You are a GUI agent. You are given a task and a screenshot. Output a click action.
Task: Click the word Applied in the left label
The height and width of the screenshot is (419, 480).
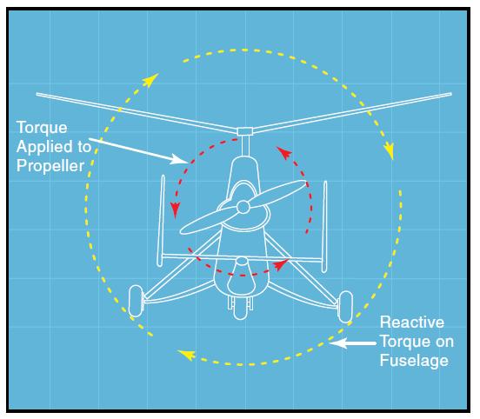[x=45, y=147]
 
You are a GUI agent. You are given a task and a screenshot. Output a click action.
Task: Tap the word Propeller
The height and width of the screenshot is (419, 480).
[x=50, y=166]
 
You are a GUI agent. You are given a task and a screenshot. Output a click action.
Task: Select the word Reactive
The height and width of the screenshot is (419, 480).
[x=412, y=323]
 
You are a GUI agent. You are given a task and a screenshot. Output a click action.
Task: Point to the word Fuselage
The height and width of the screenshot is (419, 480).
[x=414, y=360]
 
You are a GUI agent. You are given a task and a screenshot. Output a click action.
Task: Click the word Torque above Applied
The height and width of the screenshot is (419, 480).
[x=42, y=128]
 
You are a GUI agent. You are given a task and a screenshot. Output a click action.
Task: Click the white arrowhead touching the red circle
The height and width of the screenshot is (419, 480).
[x=179, y=158]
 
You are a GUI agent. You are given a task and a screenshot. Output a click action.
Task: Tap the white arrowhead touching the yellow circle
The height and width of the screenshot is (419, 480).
[x=338, y=343]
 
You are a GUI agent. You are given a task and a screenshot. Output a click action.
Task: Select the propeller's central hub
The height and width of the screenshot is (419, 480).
[x=243, y=207]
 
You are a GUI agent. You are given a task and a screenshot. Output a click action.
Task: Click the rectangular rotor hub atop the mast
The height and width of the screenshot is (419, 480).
[x=245, y=131]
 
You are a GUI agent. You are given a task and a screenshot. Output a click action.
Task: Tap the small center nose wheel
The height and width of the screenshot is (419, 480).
[x=240, y=309]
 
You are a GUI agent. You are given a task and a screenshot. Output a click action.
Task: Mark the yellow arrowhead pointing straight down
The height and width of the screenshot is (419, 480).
[x=389, y=150]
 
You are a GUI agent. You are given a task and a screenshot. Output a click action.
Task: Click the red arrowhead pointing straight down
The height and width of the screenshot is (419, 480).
[x=175, y=210]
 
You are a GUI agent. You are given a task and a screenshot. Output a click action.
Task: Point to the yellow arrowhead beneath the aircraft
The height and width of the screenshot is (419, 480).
[x=186, y=355]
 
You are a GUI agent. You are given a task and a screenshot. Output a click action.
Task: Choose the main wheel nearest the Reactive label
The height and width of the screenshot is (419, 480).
[x=344, y=307]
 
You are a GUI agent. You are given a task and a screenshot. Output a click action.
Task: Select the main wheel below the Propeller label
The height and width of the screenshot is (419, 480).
[x=136, y=301]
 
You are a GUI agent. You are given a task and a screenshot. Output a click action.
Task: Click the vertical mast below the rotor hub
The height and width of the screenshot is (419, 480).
[x=245, y=146]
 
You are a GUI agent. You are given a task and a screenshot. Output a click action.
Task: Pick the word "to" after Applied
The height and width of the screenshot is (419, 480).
[x=84, y=147]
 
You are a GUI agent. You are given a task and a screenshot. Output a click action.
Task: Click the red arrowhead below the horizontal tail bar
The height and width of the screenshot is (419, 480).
[x=280, y=264]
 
